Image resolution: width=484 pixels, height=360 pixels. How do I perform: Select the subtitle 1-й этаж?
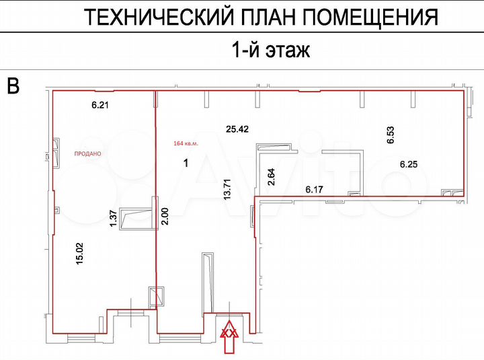tap(270, 50)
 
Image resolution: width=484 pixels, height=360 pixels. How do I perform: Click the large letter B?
tap(13, 85)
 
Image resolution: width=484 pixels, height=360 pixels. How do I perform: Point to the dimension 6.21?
tap(99, 105)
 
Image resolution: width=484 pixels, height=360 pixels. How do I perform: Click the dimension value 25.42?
tap(238, 128)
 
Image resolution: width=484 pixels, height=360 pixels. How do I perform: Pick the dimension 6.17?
tap(315, 190)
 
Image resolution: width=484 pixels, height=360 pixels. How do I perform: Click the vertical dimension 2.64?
tap(272, 176)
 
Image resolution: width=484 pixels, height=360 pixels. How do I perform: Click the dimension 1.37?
tap(113, 219)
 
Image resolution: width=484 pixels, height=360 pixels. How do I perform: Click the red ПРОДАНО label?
tap(87, 153)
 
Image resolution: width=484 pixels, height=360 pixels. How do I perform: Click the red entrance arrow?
tap(230, 338)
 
